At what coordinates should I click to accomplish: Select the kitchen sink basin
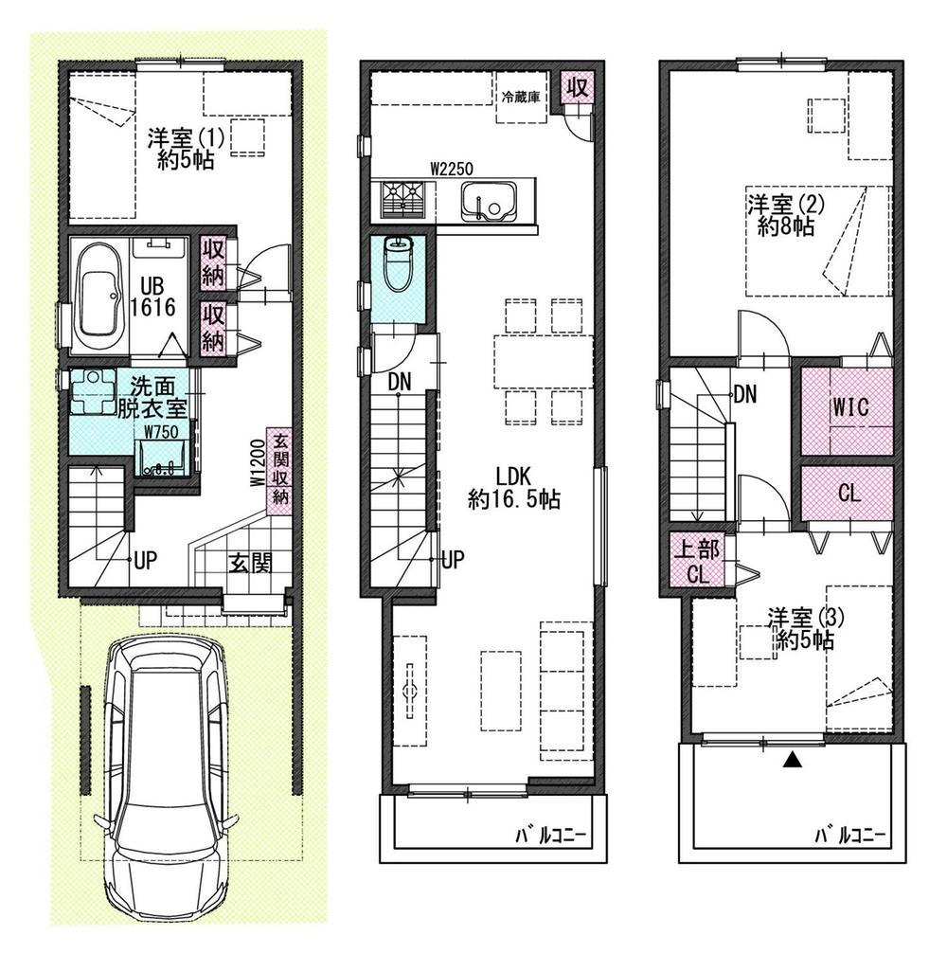point(489,201)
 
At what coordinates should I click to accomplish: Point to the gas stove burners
point(403,200)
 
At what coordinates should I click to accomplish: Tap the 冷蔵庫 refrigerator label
point(521,97)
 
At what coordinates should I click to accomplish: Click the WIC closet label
point(851,407)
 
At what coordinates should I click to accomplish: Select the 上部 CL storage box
point(698,560)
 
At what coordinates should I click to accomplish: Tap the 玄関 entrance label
point(250,564)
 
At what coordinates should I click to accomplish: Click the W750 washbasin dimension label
point(161,432)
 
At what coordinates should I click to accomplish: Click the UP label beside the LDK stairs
point(453,559)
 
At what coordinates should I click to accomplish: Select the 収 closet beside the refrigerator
point(577,87)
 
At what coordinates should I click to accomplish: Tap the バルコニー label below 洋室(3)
point(850,834)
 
